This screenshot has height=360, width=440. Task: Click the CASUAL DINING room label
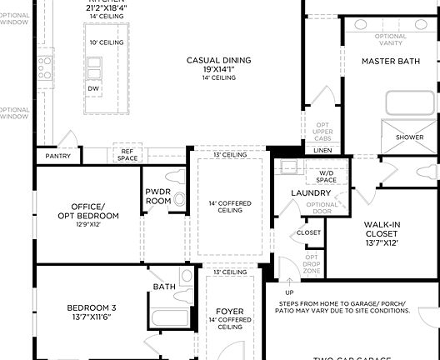[219, 60]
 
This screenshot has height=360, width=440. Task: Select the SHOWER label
[409, 137]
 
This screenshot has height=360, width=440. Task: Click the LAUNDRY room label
[312, 193]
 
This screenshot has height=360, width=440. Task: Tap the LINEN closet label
[322, 150]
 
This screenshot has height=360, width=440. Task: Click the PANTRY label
[57, 156]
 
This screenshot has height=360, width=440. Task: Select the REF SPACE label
[127, 154]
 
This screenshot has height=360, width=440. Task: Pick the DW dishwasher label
[92, 88]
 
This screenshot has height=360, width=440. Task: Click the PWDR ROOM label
[158, 196]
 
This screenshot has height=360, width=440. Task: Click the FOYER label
[230, 311]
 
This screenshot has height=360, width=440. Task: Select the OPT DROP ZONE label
[311, 264]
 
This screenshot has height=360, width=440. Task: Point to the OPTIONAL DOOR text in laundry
[322, 208]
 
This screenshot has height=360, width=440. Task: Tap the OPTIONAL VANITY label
[391, 40]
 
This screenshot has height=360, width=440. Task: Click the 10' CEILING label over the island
[107, 42]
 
